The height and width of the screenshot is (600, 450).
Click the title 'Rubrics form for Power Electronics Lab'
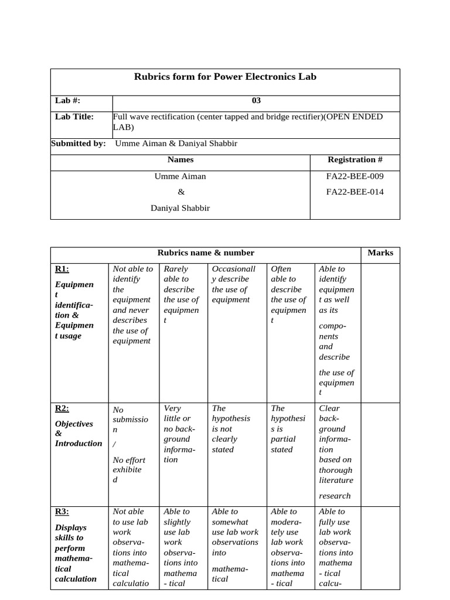click(225, 77)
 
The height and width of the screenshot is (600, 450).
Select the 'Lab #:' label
click(67, 101)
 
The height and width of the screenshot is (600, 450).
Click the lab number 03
click(256, 101)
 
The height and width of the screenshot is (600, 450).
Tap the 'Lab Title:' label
click(74, 117)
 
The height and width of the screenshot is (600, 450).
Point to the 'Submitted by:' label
click(79, 144)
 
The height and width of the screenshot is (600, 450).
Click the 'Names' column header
click(180, 159)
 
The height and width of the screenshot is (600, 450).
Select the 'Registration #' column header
click(355, 159)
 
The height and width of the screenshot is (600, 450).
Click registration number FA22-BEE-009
click(355, 176)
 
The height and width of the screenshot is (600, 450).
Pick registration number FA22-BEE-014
click(355, 192)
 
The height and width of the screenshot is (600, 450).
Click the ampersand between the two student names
click(180, 192)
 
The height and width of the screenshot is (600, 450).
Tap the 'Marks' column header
click(380, 253)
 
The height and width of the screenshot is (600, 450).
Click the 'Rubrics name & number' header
click(206, 253)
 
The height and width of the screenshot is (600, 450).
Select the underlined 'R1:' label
click(62, 269)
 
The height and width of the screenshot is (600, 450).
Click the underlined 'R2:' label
click(62, 408)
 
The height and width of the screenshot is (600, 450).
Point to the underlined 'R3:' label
click(62, 512)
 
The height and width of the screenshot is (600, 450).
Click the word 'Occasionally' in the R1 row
click(234, 269)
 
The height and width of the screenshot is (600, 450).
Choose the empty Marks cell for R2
click(380, 451)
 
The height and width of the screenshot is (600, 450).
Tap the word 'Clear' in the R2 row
click(329, 408)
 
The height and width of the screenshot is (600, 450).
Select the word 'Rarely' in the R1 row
click(176, 269)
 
